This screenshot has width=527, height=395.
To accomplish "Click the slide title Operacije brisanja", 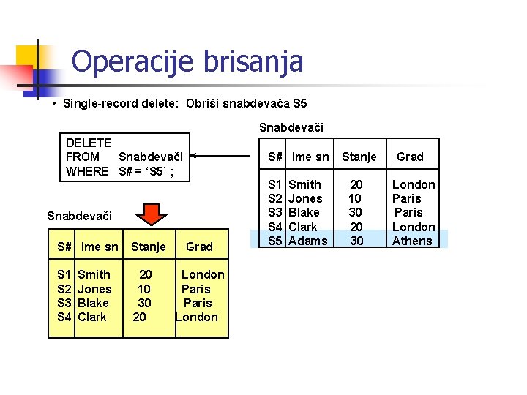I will tap(187, 61).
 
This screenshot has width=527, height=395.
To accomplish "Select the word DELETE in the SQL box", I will tap(89, 143).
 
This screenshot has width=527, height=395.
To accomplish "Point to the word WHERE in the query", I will tap(87, 171).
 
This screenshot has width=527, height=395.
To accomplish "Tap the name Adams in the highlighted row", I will tap(308, 241).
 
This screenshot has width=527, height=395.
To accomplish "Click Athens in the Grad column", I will tap(412, 241).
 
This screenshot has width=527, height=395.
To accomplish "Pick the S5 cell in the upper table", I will tap(275, 241).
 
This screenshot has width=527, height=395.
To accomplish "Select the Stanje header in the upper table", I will tap(359, 157).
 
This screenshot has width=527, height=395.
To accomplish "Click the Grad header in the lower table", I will tap(199, 247).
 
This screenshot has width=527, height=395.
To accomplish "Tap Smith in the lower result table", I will tap(94, 274).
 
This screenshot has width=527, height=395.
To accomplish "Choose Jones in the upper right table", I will tap(305, 198).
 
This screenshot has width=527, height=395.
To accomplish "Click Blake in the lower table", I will tap(93, 303).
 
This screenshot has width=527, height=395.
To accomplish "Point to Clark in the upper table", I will tap(303, 227).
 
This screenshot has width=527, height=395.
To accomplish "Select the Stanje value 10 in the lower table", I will tap(145, 289).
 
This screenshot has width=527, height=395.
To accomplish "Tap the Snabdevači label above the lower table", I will tap(79, 216).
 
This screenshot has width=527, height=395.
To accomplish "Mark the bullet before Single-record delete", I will tap(54, 104).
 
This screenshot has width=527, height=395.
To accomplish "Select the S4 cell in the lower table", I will tap(64, 317).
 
